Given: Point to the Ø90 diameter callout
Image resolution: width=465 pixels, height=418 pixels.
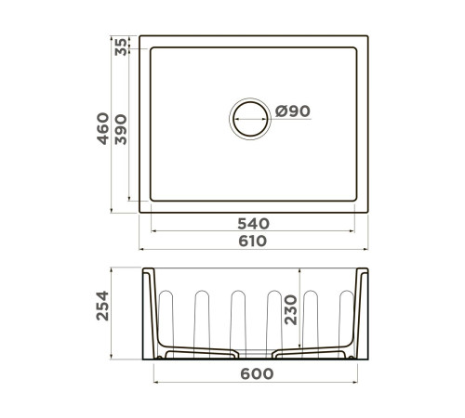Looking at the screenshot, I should click(x=291, y=111).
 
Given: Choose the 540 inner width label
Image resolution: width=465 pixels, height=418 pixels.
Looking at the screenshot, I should click(x=252, y=224).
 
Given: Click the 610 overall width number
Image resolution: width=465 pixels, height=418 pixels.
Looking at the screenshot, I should click(x=252, y=242).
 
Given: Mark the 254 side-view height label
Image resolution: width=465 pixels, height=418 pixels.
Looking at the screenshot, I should click(x=104, y=316).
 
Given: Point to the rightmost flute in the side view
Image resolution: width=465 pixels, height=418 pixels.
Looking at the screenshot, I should click(x=347, y=316).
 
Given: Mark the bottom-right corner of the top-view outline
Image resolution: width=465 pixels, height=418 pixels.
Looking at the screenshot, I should click(x=368, y=213).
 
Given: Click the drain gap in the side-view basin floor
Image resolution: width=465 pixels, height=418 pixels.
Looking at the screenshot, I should click(x=256, y=355).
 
